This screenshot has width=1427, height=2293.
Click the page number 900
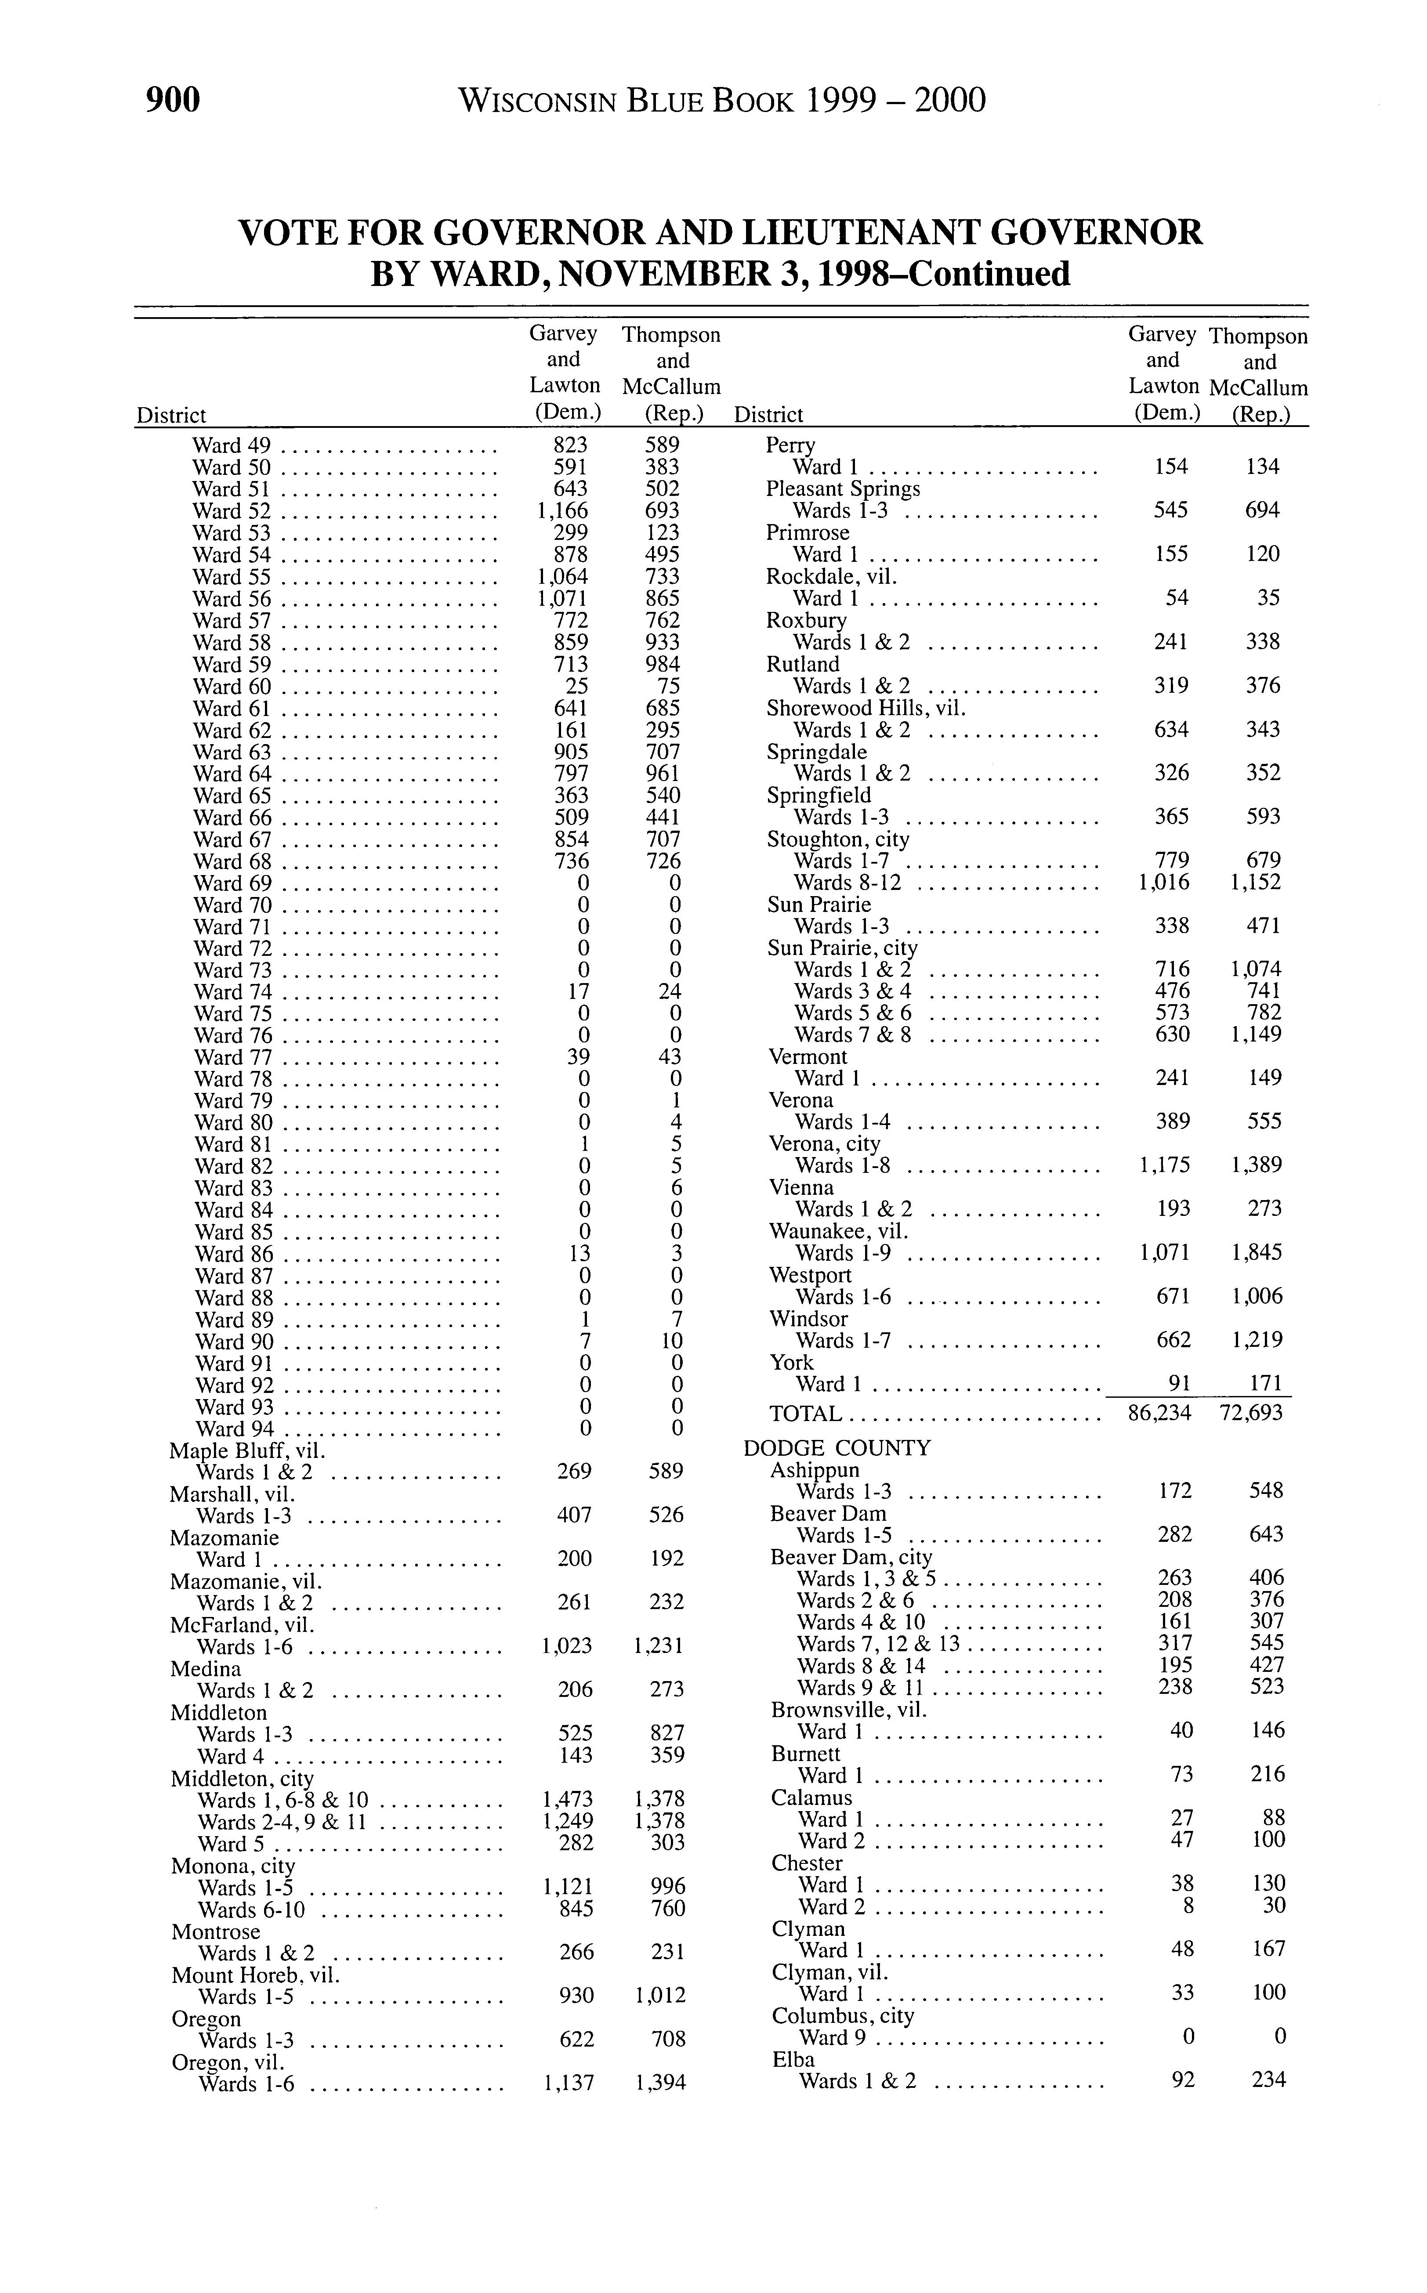[174, 99]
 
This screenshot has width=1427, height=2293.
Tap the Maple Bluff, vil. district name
[247, 1450]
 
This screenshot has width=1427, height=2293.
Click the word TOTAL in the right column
[805, 1414]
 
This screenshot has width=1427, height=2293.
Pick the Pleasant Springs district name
[843, 489]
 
